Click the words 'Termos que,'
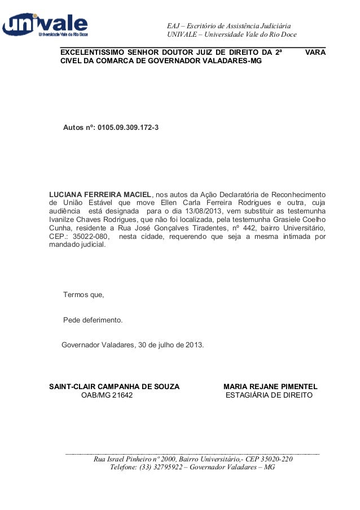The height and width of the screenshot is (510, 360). (84, 295)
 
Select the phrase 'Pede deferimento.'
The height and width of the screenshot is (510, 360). (93, 320)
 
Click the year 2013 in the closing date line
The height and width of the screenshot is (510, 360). (195, 344)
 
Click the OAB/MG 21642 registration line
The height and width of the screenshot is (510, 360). (107, 396)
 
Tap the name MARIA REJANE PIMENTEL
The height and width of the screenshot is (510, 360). (270, 387)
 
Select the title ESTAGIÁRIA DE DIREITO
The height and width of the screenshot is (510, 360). (269, 396)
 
